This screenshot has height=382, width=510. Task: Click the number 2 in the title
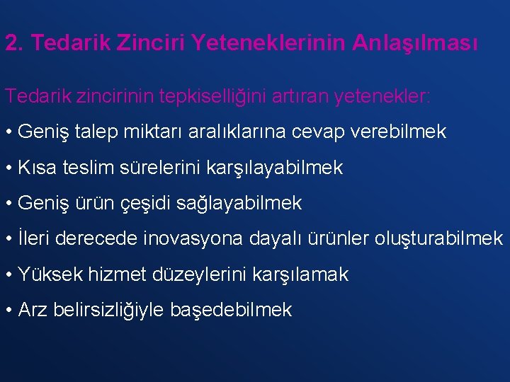[11, 43]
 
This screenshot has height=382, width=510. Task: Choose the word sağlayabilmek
[248, 204]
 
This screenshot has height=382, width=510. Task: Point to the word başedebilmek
[231, 310]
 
